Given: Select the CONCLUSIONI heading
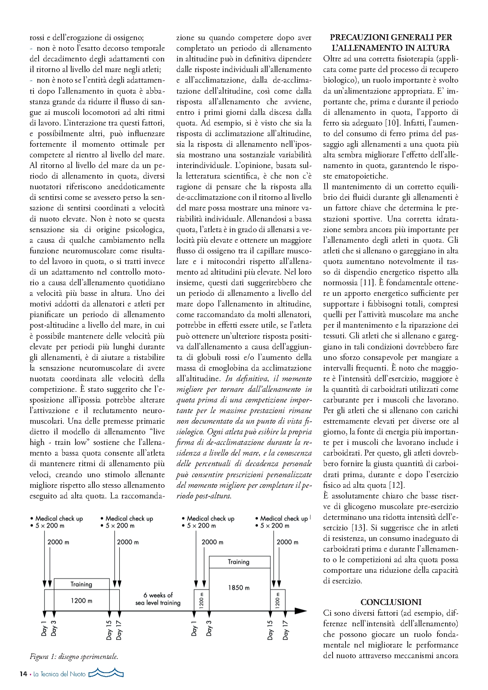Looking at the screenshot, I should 391,602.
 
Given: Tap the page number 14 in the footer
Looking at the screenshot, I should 23,674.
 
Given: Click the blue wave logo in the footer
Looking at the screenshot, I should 106,673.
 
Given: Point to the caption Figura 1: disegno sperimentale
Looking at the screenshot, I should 74,657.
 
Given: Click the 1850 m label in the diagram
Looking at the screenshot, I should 238,587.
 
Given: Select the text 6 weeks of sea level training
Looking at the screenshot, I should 158,599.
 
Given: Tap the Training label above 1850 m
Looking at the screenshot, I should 238,562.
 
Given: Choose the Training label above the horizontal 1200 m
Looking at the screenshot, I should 81,584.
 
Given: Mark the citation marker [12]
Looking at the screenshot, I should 397,485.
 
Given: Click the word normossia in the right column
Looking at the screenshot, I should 340,282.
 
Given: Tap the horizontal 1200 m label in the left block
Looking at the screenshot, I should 81,601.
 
